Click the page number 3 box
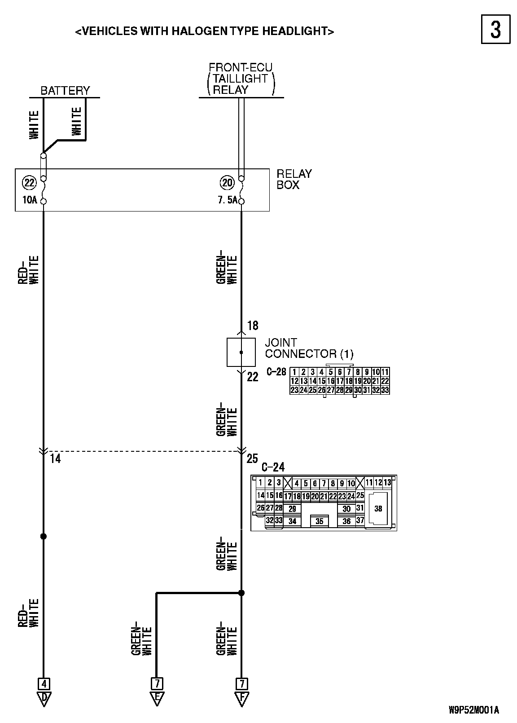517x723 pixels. coord(495,29)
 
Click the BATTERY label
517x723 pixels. coord(65,91)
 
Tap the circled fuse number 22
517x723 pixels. coord(29,183)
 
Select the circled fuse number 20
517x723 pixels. coord(227,183)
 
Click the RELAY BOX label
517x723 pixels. coord(294,179)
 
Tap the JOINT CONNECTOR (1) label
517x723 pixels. coord(309,348)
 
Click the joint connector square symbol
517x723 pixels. coord(241,353)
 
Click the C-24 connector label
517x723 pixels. coord(272,467)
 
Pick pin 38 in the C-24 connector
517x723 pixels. coord(378,508)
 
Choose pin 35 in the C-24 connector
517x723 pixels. coord(319,521)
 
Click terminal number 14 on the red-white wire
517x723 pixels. coord(55,458)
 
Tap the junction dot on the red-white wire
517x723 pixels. coord(44,536)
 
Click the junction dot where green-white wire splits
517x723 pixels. coord(241,593)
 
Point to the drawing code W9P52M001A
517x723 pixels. coord(473,710)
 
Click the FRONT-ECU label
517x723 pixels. coord(241,67)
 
